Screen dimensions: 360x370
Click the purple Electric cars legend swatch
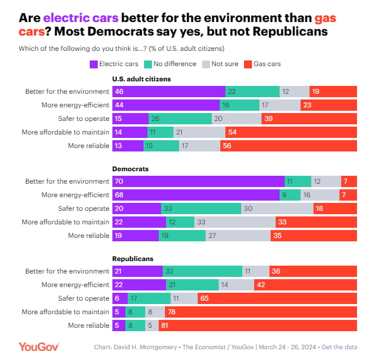tap(94, 64)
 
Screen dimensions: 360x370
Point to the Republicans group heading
tap(133, 258)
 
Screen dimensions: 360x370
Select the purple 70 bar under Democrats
tap(198, 181)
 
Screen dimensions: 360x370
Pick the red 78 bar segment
tap(261, 312)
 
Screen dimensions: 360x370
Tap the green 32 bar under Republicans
tap(204, 271)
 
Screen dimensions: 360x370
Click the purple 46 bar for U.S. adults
tap(169, 92)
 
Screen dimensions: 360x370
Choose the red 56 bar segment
tap(289, 146)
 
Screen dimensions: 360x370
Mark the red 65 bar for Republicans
tap(277, 298)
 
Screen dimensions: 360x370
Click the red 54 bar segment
tap(291, 132)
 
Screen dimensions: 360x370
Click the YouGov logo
tap(38, 346)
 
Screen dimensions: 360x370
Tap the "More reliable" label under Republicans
tap(88, 326)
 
